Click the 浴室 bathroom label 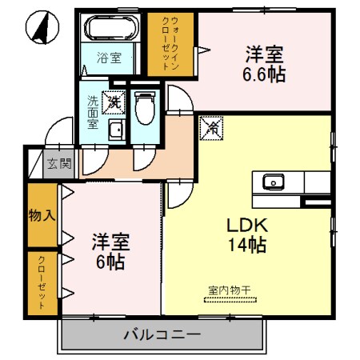click(x=110, y=58)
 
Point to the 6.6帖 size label click(x=263, y=74)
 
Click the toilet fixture click(x=145, y=107)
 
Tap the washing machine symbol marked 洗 click(x=114, y=102)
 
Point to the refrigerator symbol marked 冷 click(x=213, y=126)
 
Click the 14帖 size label click(x=244, y=246)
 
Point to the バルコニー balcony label click(x=162, y=333)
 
